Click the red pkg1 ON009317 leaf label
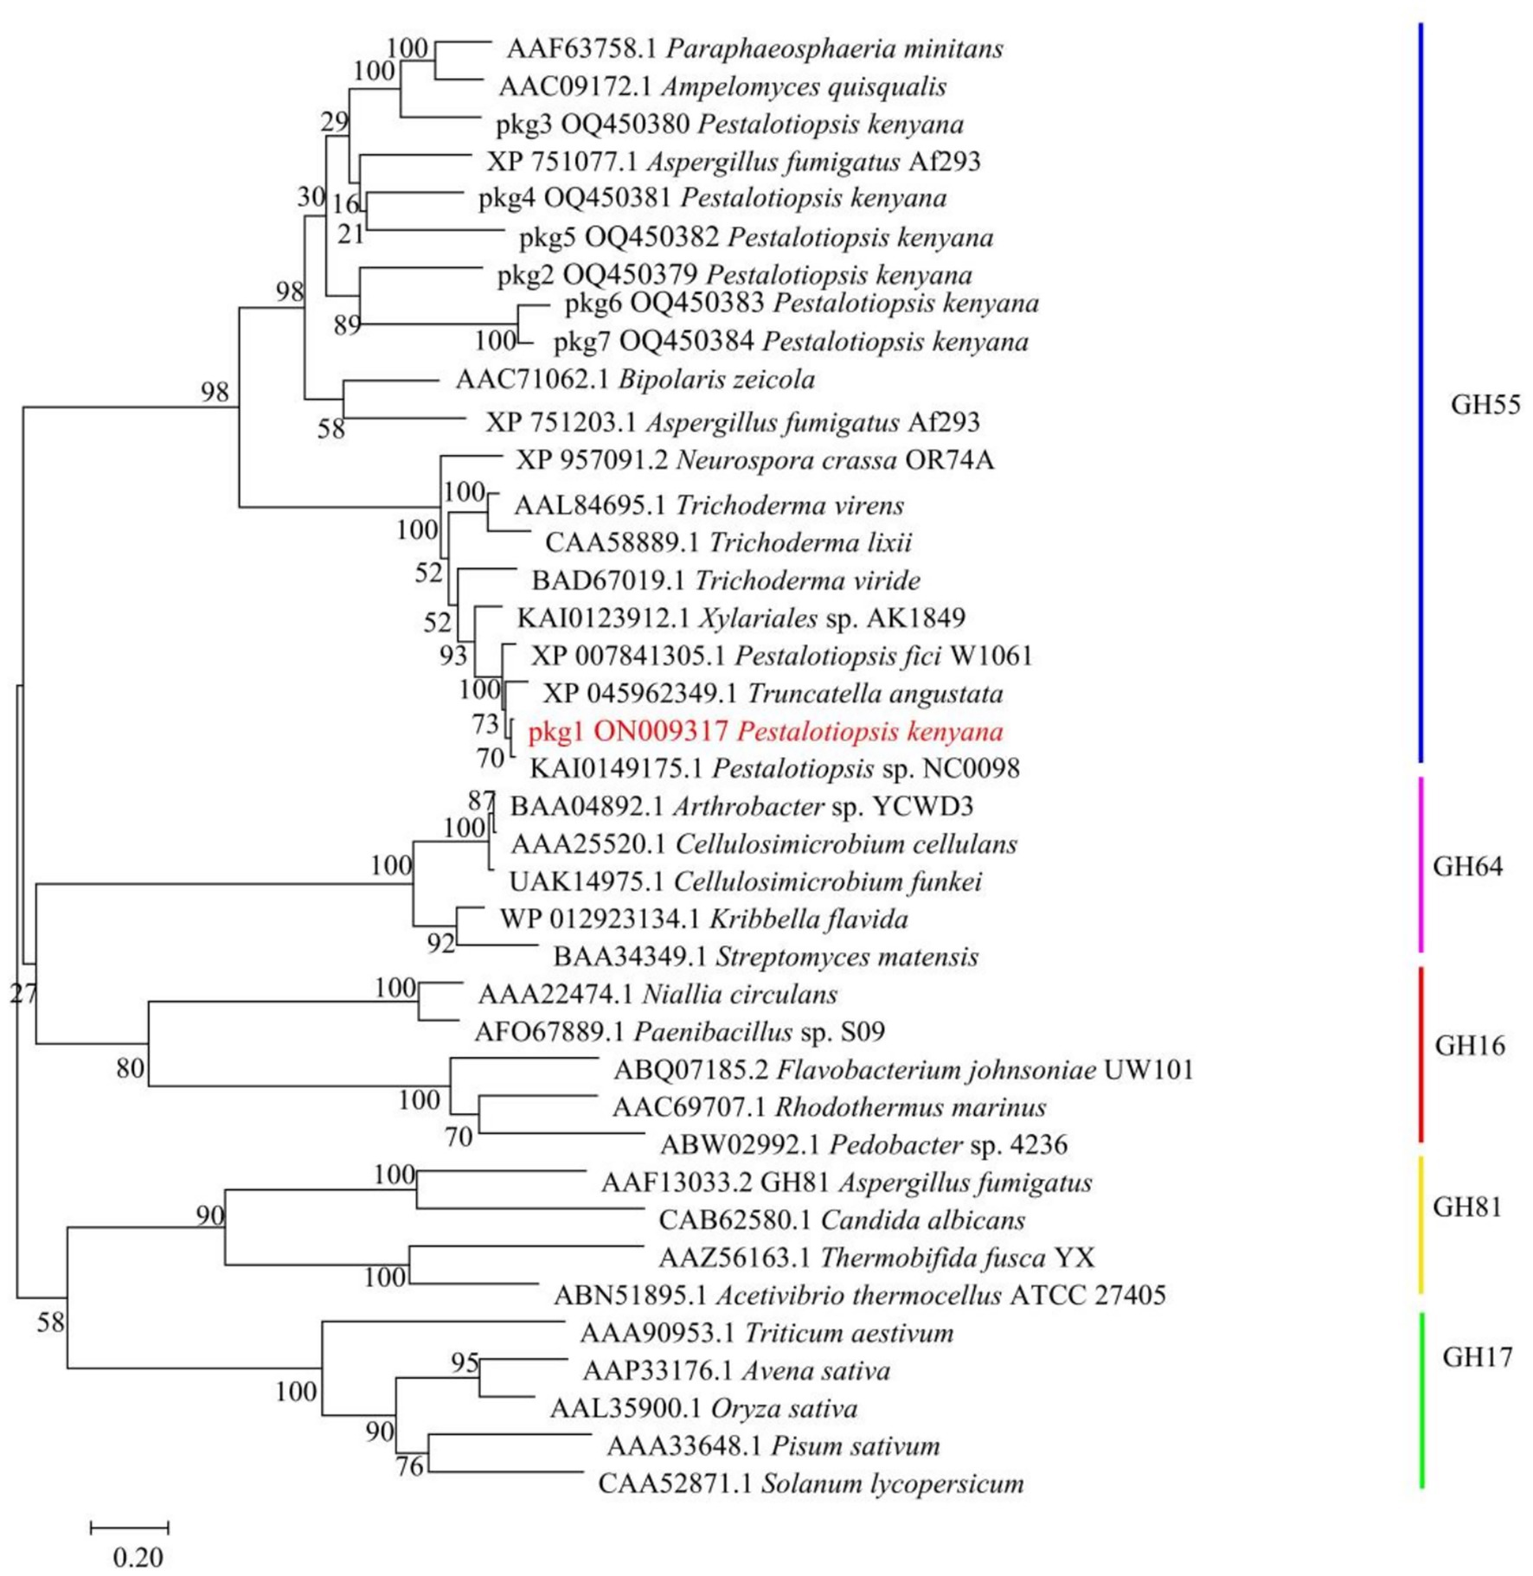point(766,732)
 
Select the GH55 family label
point(1485,405)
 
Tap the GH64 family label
point(1467,866)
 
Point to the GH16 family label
point(1469,1046)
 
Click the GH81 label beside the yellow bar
point(1467,1207)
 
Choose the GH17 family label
point(1477,1357)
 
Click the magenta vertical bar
point(1421,865)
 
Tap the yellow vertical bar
point(1421,1224)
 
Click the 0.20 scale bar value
point(138,1558)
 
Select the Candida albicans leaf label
point(841,1220)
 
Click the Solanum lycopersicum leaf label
point(811,1484)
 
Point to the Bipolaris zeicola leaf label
point(635,380)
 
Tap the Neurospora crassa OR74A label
point(754,460)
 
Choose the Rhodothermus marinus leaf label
point(829,1107)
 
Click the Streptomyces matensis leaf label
point(766,957)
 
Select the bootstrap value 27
point(23,994)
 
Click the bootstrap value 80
point(130,1069)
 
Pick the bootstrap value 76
point(409,1467)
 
